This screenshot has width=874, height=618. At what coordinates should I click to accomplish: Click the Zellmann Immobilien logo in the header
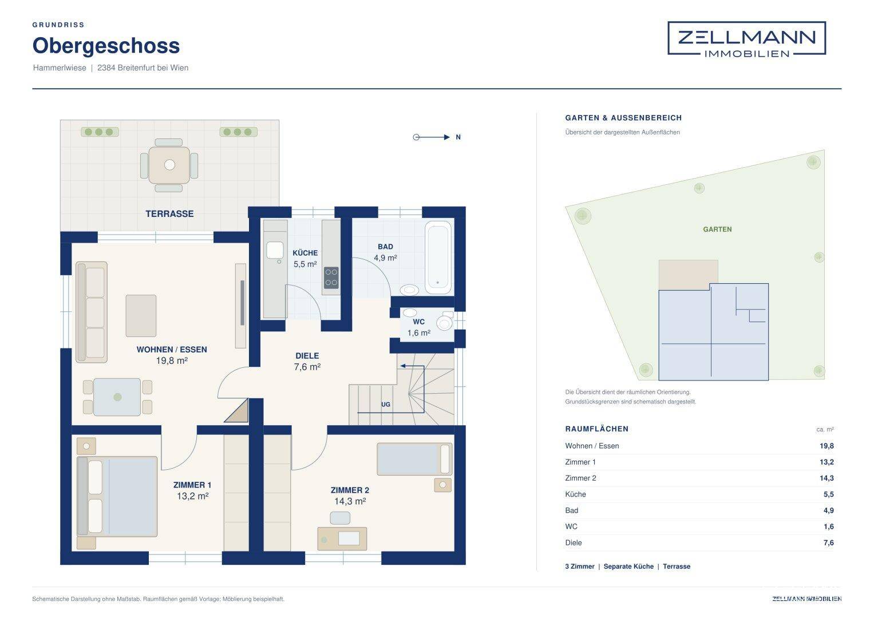pyautogui.click(x=746, y=39)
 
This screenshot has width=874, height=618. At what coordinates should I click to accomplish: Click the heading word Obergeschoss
pyautogui.click(x=106, y=46)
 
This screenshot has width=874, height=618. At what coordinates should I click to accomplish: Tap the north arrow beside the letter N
pyautogui.click(x=432, y=137)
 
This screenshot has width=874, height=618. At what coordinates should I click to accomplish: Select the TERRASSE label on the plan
pyautogui.click(x=169, y=214)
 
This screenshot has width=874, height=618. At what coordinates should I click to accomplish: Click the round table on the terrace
pyautogui.click(x=169, y=165)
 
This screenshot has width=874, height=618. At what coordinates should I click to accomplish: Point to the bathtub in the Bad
pyautogui.click(x=438, y=257)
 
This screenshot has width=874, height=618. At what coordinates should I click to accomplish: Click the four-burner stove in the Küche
pyautogui.click(x=331, y=278)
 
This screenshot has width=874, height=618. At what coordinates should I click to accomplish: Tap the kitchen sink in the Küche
pyautogui.click(x=275, y=250)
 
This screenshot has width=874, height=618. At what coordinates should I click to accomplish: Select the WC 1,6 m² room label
pyautogui.click(x=418, y=327)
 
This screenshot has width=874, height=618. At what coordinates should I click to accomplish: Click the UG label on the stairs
pyautogui.click(x=386, y=404)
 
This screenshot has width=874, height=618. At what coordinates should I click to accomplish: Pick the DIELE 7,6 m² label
pyautogui.click(x=307, y=361)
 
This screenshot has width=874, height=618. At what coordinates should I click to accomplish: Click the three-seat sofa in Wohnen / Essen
pyautogui.click(x=92, y=312)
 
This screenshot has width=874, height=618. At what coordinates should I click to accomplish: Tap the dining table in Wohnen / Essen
pyautogui.click(x=117, y=397)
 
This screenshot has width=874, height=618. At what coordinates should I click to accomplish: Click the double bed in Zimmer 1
pyautogui.click(x=117, y=497)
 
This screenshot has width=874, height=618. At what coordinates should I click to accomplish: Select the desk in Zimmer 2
pyautogui.click(x=342, y=539)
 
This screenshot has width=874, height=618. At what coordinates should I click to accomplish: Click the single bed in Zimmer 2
pyautogui.click(x=414, y=459)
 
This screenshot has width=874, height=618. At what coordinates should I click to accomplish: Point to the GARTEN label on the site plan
pyautogui.click(x=717, y=229)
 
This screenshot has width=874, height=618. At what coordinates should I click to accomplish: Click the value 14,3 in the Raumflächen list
pyautogui.click(x=826, y=478)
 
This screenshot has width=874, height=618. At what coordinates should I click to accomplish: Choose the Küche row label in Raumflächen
pyautogui.click(x=576, y=494)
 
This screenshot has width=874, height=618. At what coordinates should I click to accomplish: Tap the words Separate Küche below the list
pyautogui.click(x=628, y=566)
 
